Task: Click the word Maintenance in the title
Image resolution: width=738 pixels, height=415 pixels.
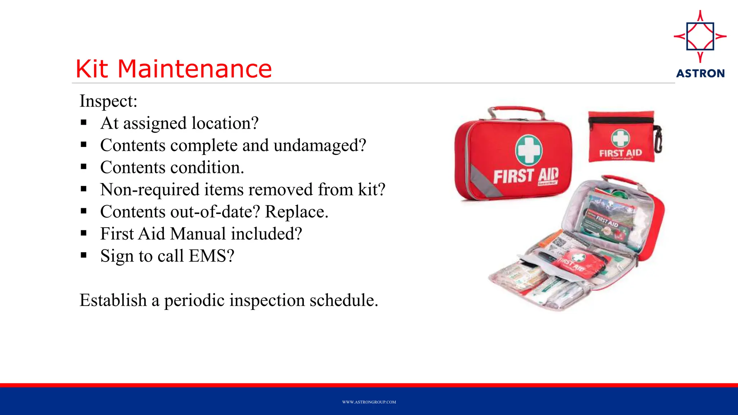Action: pyautogui.click(x=195, y=69)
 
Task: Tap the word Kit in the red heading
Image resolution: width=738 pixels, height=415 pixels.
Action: pyautogui.click(x=92, y=69)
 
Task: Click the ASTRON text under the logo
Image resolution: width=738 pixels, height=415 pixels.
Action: pyautogui.click(x=700, y=73)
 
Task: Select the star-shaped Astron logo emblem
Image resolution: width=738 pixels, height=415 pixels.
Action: pyautogui.click(x=700, y=36)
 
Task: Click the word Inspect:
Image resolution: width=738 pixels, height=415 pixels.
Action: pyautogui.click(x=108, y=101)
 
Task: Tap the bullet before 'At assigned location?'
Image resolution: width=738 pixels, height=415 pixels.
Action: pyautogui.click(x=84, y=123)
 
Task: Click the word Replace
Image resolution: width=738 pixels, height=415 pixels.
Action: pyautogui.click(x=296, y=212)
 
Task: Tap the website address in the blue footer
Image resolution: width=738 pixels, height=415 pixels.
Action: pyautogui.click(x=369, y=402)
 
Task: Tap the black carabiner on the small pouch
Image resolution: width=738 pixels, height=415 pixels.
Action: pyautogui.click(x=658, y=139)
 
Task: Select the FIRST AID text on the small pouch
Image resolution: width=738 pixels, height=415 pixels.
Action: pyautogui.click(x=621, y=153)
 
